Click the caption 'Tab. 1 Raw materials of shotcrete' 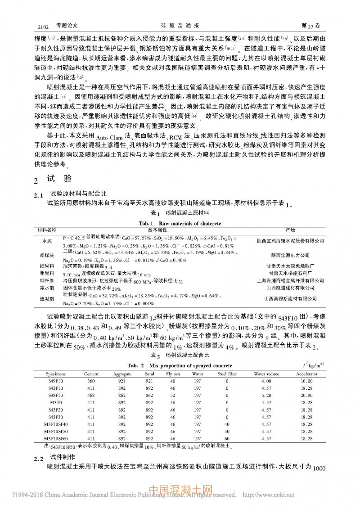pos(180,223)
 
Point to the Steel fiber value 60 pos(227,438)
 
